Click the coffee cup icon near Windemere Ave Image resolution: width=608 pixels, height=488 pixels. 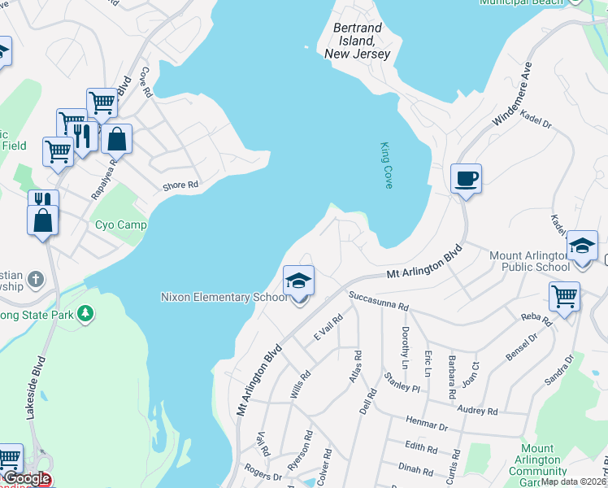[x=467, y=178]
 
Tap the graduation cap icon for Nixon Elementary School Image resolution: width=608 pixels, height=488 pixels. [x=298, y=281]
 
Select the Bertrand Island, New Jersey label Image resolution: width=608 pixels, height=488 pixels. [x=358, y=41]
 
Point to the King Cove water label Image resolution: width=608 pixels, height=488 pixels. [x=386, y=166]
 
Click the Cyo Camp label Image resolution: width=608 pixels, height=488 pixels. [x=121, y=224]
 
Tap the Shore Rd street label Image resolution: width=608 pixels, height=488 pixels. [x=180, y=185]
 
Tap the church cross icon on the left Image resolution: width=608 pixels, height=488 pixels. [x=35, y=280]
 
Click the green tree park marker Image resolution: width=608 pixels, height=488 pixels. [x=85, y=313]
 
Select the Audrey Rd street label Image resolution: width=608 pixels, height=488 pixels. [x=477, y=412]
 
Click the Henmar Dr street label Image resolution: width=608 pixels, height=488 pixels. [x=426, y=424]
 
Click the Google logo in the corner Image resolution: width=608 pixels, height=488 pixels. [x=26, y=479]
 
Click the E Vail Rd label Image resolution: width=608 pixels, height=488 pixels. [x=328, y=328]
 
